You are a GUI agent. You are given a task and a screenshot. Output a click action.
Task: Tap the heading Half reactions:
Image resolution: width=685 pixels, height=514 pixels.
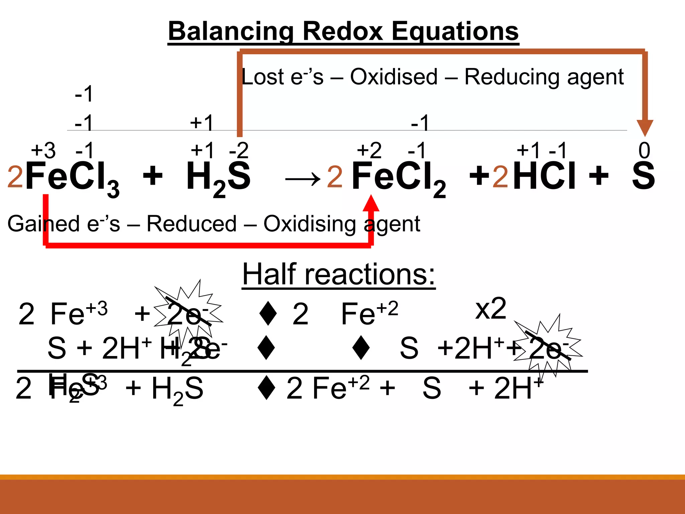click(x=338, y=274)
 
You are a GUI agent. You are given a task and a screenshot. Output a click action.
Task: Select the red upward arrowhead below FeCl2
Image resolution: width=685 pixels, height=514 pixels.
click(x=371, y=203)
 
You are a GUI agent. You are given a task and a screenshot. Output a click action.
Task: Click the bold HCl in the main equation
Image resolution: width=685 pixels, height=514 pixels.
click(x=544, y=176)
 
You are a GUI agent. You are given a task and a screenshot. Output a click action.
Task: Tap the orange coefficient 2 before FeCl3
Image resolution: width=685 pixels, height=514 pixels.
click(x=15, y=177)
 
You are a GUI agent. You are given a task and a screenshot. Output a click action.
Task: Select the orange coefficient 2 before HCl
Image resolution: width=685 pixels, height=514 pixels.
click(x=500, y=177)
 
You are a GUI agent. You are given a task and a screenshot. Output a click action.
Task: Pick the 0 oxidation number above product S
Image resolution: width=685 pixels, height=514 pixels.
click(x=644, y=151)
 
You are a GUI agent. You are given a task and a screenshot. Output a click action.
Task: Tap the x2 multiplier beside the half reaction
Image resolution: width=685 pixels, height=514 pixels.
click(x=490, y=309)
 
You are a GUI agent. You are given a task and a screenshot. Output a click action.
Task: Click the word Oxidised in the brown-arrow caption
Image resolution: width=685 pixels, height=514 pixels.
click(x=394, y=77)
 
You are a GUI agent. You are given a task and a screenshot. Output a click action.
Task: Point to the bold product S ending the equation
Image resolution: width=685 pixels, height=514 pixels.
click(x=643, y=176)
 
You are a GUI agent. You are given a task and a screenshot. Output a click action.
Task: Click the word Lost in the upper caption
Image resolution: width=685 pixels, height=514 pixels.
click(x=262, y=77)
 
